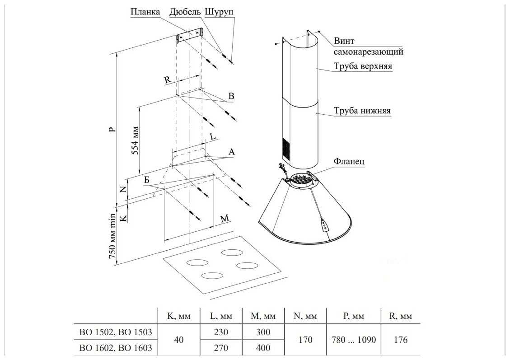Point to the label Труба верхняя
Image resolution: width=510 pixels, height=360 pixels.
pyautogui.click(x=362, y=67)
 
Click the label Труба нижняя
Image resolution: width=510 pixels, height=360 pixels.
pyautogui.click(x=362, y=111)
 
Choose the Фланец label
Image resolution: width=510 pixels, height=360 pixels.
pyautogui.click(x=349, y=161)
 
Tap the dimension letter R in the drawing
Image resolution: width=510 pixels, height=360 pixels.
pyautogui.click(x=167, y=80)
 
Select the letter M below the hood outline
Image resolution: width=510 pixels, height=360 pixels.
pyautogui.click(x=225, y=219)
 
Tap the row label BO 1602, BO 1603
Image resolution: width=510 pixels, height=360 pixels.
pyautogui.click(x=115, y=348)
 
